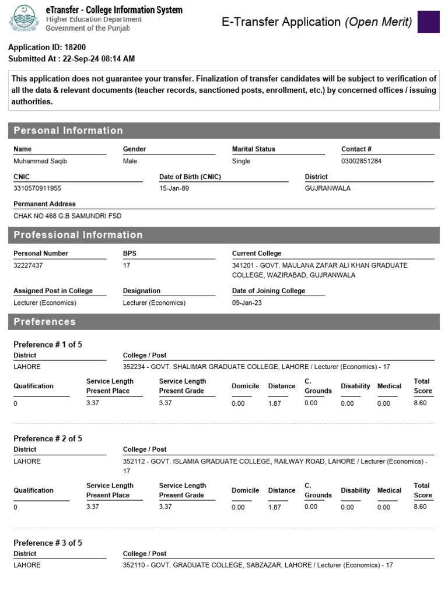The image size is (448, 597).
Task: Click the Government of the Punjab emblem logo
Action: [x=23, y=18]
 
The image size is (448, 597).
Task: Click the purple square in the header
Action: [x=429, y=22]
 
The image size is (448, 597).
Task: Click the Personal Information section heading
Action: [x=68, y=131]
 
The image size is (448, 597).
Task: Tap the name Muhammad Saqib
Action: [x=40, y=161]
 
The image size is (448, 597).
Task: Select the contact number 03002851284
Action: [x=361, y=161]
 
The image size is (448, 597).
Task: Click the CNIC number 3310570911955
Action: [x=37, y=189]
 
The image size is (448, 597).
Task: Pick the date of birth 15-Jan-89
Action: [x=174, y=189]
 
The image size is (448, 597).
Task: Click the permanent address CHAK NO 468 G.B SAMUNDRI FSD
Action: [x=68, y=216]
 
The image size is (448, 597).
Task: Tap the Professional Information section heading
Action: [x=78, y=235]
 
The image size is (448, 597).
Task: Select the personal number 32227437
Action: [x=28, y=266]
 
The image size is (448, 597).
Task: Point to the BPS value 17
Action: [x=127, y=266]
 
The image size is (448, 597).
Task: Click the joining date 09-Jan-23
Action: [x=247, y=303]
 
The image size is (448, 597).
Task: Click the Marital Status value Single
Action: [x=241, y=161]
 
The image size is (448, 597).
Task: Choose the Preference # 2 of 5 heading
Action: [x=48, y=438]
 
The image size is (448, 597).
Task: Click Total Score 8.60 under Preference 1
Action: [x=420, y=403]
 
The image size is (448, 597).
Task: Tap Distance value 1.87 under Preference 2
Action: [x=275, y=507]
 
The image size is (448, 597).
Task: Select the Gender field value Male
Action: [x=130, y=161]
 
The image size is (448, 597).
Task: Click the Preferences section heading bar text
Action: [x=44, y=322]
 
